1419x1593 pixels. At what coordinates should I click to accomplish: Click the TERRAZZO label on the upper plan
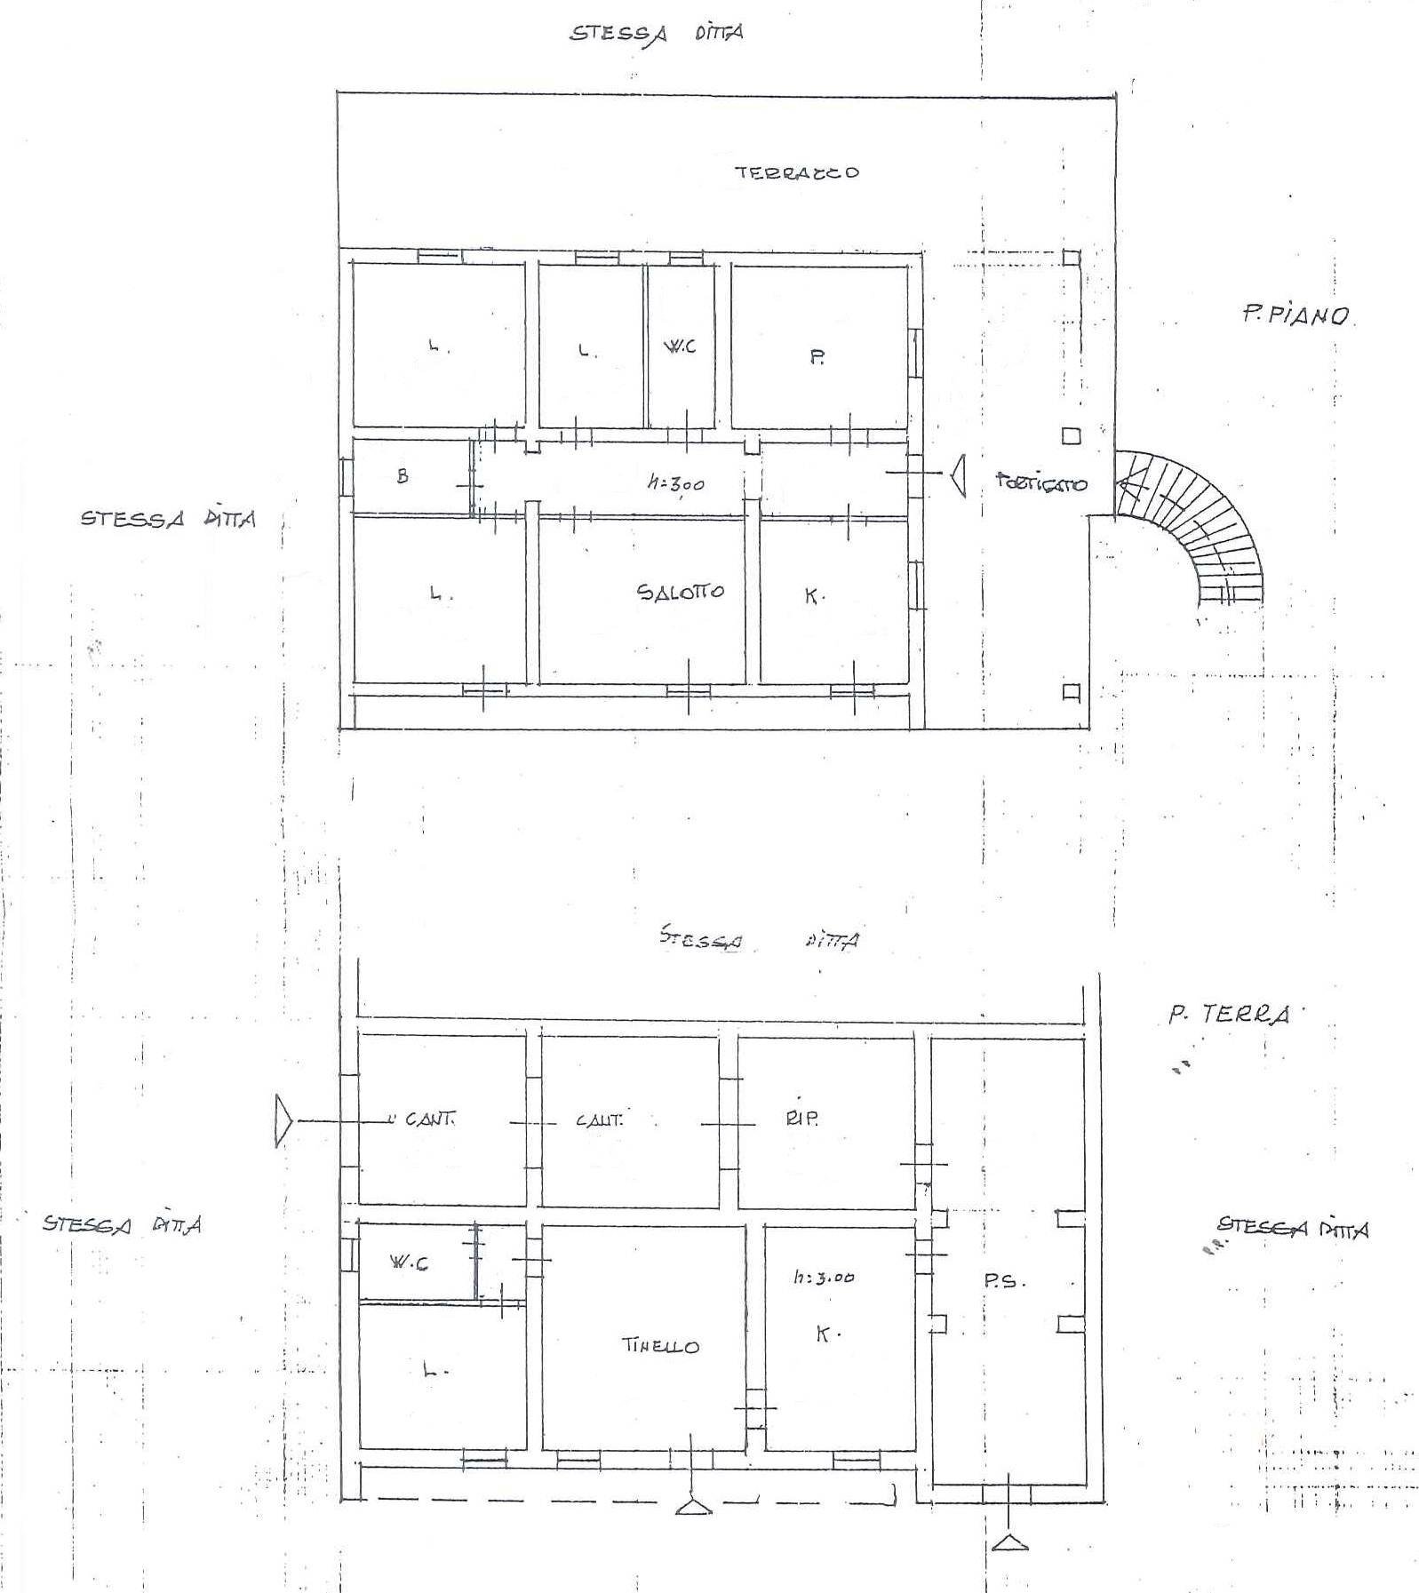click(797, 172)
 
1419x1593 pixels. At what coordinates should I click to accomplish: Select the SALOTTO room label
click(681, 592)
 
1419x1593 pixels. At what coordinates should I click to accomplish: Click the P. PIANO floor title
click(1296, 315)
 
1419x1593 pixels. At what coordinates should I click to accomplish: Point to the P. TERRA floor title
click(1229, 1015)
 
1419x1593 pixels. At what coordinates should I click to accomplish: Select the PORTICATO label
click(1040, 484)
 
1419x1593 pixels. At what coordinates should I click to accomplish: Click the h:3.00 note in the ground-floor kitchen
click(824, 1278)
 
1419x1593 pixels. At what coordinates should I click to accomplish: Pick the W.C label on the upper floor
click(680, 346)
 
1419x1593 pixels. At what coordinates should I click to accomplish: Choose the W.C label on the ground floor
click(409, 1262)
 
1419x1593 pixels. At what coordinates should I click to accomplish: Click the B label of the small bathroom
click(403, 476)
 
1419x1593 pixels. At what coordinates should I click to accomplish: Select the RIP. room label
click(801, 1119)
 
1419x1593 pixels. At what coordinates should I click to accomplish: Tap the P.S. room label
click(1004, 1281)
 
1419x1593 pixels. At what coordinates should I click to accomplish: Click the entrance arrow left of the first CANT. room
click(283, 1121)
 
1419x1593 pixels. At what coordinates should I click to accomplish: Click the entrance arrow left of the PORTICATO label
click(957, 476)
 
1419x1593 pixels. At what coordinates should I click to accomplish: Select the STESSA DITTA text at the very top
click(656, 34)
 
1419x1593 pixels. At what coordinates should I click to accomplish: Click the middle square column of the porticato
click(1072, 436)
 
